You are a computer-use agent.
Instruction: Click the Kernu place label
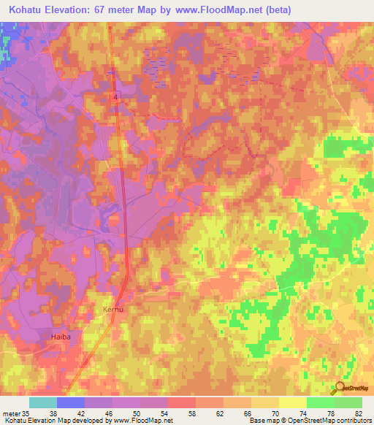[x=114, y=310]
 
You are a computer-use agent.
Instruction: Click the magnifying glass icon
[x=340, y=388]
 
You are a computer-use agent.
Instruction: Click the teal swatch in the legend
[x=43, y=402]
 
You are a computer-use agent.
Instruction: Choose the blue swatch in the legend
[x=71, y=402]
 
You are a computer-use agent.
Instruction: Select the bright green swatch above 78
[x=320, y=402]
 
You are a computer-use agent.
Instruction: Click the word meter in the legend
[x=10, y=413]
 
